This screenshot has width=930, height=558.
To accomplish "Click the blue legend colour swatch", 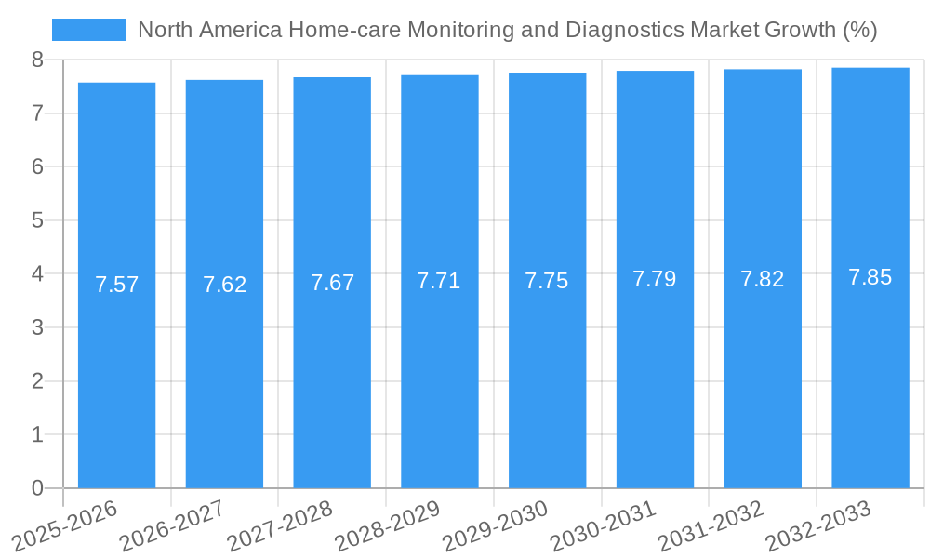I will click(88, 30).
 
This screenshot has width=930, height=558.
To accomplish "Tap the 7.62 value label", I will click(224, 285).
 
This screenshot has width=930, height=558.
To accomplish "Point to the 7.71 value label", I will click(439, 281).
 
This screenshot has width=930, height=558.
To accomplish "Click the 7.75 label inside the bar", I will click(547, 281).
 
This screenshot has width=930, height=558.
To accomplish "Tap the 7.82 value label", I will click(763, 279).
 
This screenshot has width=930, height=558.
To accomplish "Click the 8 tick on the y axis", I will click(37, 60).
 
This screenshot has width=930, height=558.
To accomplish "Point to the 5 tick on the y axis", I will click(37, 220).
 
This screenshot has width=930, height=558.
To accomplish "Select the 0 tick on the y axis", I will click(37, 488).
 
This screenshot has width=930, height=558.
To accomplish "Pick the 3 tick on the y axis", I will click(37, 327).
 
